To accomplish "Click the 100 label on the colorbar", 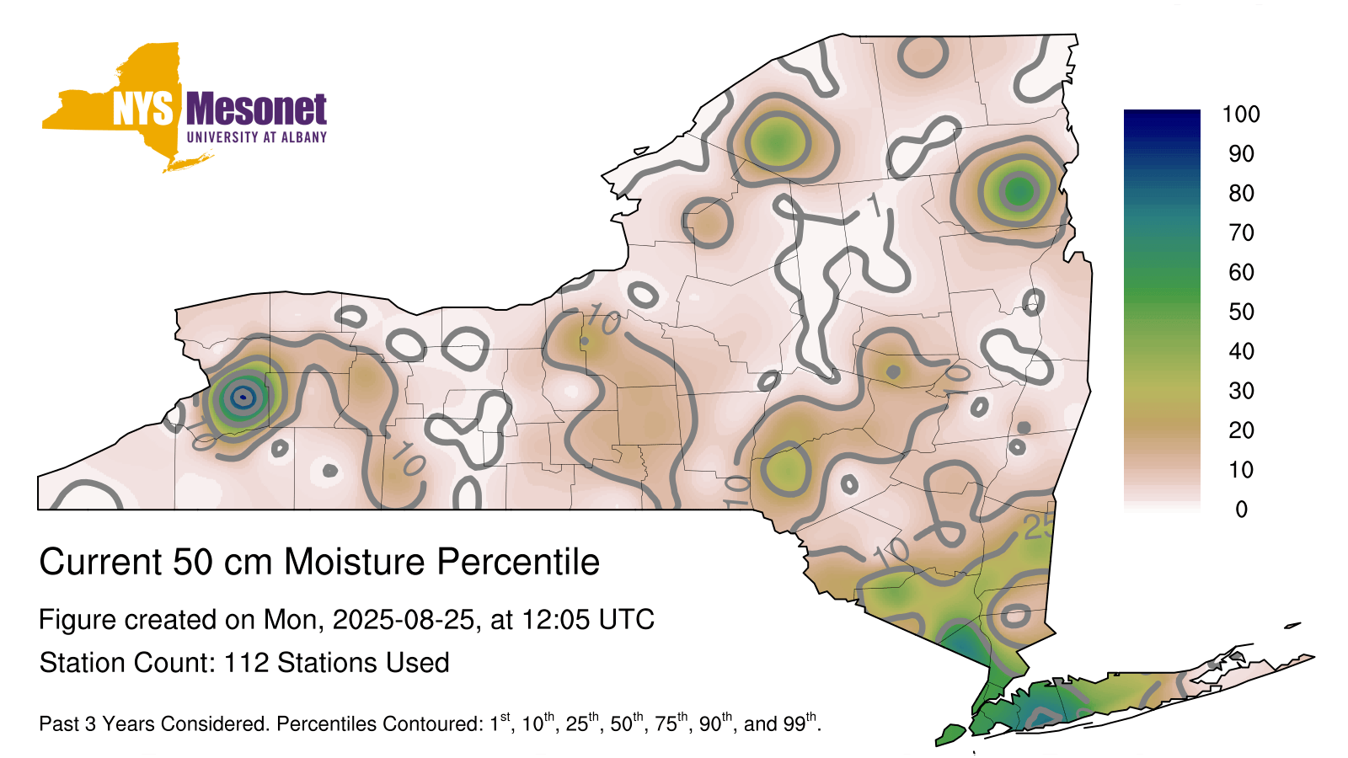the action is (x=1241, y=115).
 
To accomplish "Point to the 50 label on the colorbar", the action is (x=1241, y=312).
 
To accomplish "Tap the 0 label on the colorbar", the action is (x=1242, y=510).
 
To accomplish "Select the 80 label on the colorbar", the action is (x=1241, y=193).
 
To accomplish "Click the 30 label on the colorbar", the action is (x=1241, y=391).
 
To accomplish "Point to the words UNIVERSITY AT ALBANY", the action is (x=256, y=137).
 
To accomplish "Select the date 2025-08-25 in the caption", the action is (x=404, y=620).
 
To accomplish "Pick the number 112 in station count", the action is (x=246, y=663).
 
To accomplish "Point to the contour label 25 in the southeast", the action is (x=1040, y=527).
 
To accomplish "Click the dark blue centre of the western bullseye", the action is (x=243, y=397).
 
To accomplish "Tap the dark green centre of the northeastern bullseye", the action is (x=1019, y=192).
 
